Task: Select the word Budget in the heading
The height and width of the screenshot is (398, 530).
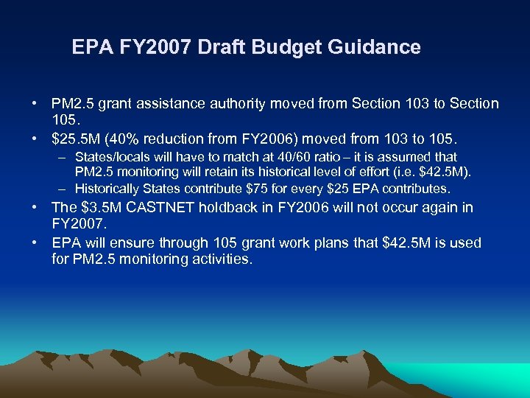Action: (291, 48)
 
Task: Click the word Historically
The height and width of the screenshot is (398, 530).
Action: (110, 188)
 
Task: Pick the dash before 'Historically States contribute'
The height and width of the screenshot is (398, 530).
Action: (63, 188)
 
